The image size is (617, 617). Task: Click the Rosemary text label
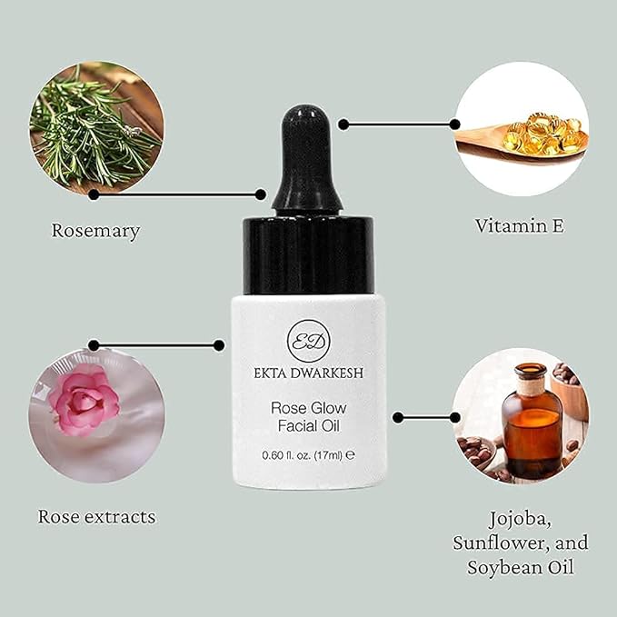95,231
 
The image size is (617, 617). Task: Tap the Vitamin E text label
520,225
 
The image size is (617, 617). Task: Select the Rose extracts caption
96,517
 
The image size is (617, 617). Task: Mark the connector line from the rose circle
155,345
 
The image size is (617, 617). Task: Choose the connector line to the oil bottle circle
427,417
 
